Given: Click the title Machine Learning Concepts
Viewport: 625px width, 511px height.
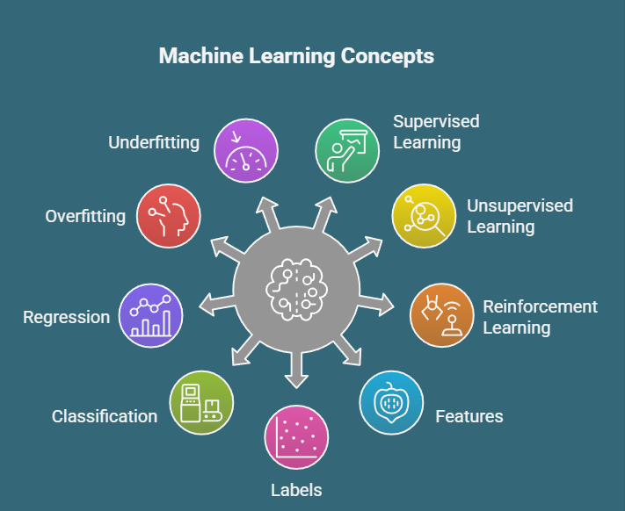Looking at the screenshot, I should (296, 56).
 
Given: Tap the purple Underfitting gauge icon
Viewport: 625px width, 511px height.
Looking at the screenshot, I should (246, 150).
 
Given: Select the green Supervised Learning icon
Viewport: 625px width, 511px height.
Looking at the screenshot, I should (347, 150).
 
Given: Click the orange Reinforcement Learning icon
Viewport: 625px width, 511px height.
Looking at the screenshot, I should (442, 315).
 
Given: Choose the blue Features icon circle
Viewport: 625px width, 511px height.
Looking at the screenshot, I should (392, 403).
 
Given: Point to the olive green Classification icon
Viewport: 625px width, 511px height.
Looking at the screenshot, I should (201, 403).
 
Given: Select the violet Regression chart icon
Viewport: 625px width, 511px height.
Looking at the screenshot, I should (150, 315).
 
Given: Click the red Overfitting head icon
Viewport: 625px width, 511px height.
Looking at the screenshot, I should (169, 216).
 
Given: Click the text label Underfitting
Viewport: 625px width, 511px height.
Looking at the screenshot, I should (154, 141).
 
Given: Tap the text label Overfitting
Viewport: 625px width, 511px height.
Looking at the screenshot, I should (85, 216).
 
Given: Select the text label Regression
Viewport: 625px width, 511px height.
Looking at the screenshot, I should (66, 317).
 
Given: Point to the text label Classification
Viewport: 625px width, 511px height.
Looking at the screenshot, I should (105, 415).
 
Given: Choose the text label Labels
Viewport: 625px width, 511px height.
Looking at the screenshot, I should (296, 490).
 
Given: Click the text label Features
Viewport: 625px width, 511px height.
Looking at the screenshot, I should (469, 415).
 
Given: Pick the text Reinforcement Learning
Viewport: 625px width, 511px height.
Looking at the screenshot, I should (540, 317).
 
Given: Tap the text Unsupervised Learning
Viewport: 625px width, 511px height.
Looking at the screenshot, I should (520, 216).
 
